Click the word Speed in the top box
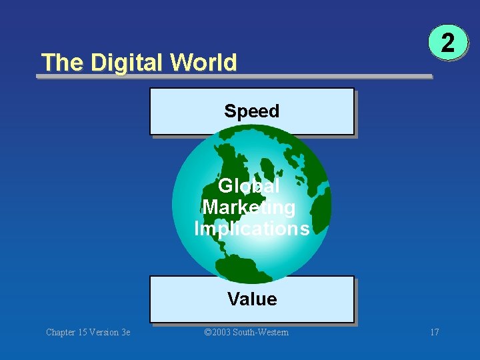click(x=251, y=111)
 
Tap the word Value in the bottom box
click(x=251, y=299)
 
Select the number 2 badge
click(x=449, y=44)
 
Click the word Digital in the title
click(x=127, y=63)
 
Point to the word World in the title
click(x=203, y=63)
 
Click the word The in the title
click(x=63, y=63)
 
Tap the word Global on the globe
click(x=249, y=186)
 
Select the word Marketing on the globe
click(x=249, y=207)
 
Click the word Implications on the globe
click(x=251, y=229)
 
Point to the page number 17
click(x=435, y=332)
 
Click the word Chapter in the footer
click(x=61, y=332)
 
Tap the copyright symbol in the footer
click(x=207, y=332)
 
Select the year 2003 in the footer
click(x=222, y=332)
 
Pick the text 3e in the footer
click(x=124, y=332)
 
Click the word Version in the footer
click(x=103, y=332)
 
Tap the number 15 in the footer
click(x=83, y=332)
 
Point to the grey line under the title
click(x=233, y=77)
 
